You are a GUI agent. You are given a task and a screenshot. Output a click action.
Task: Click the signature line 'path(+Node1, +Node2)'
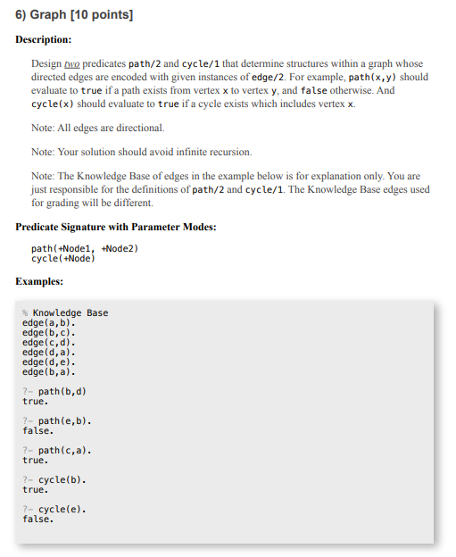pos(85,248)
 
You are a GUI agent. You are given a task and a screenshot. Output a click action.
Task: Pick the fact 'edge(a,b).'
pos(48,322)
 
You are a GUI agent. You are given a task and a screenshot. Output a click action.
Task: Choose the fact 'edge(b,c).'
pos(48,332)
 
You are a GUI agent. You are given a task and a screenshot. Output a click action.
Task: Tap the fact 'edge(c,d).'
pos(48,342)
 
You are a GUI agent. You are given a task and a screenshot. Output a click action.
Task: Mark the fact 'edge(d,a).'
pos(48,352)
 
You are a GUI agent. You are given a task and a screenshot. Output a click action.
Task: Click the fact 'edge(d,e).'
pos(48,362)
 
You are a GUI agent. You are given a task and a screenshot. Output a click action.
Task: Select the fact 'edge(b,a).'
pos(48,371)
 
